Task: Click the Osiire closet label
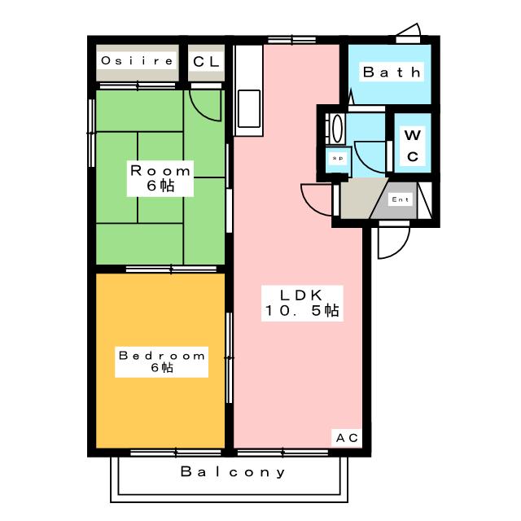pyautogui.click(x=138, y=61)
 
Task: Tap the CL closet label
pyautogui.click(x=206, y=62)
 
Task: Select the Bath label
pyautogui.click(x=392, y=72)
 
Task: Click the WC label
pyautogui.click(x=413, y=146)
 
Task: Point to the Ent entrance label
pyautogui.click(x=400, y=199)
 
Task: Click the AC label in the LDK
pyautogui.click(x=347, y=438)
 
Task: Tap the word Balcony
pyautogui.click(x=233, y=472)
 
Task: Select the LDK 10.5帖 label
pyautogui.click(x=302, y=303)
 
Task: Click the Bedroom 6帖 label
pyautogui.click(x=162, y=361)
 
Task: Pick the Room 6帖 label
pyautogui.click(x=160, y=178)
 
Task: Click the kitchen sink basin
pyautogui.click(x=249, y=108)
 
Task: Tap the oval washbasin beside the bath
pyautogui.click(x=337, y=129)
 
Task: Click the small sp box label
pyautogui.click(x=338, y=158)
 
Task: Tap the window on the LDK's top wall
pyautogui.click(x=291, y=40)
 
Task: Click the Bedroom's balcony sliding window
pyautogui.click(x=176, y=453)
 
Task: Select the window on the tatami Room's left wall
pyautogui.click(x=91, y=133)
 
